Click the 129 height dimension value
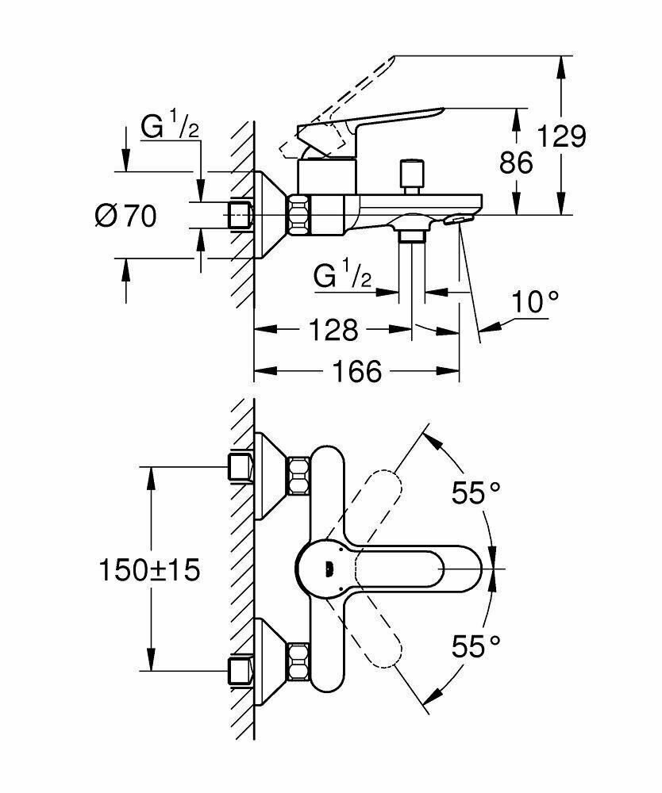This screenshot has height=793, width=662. [561, 136]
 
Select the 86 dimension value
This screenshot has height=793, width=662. [516, 163]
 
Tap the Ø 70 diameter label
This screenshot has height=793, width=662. [125, 216]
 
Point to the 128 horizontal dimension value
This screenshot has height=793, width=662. [333, 330]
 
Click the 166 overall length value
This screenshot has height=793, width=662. [357, 372]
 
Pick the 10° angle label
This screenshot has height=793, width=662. [536, 302]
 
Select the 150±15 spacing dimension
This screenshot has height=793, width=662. [149, 570]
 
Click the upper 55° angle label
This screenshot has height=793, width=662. [475, 492]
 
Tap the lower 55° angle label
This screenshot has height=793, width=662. [475, 646]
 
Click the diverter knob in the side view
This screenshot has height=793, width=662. [411, 177]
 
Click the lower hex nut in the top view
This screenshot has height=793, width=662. [298, 662]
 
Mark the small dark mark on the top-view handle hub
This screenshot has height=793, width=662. [329, 569]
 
